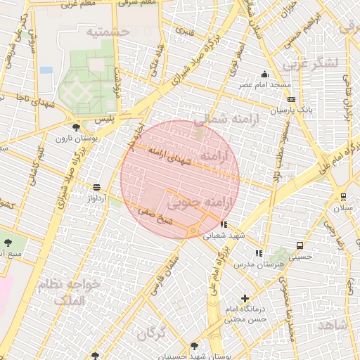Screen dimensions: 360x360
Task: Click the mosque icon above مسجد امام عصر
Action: click(x=264, y=75)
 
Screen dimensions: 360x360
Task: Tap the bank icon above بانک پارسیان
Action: click(x=291, y=100)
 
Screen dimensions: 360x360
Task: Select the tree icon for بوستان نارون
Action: click(x=76, y=127)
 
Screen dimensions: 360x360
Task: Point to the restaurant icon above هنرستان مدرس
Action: click(x=259, y=252)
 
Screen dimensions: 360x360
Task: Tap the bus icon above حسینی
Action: click(x=300, y=246)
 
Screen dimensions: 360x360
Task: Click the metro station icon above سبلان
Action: click(x=343, y=197)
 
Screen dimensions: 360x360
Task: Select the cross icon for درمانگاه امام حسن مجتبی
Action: click(x=245, y=299)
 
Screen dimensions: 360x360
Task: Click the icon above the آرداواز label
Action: click(x=96, y=187)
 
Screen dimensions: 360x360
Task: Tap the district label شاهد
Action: click(x=333, y=326)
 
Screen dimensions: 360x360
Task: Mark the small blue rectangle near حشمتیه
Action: click(x=46, y=70)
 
